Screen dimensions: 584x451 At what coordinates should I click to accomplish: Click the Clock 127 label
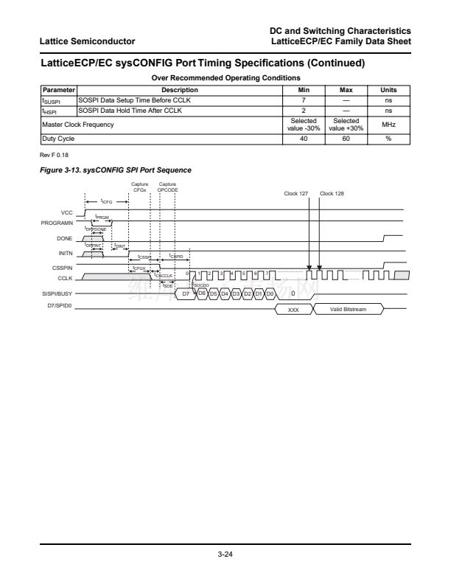(x=296, y=193)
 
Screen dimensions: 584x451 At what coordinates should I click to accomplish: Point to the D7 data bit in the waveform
(x=186, y=293)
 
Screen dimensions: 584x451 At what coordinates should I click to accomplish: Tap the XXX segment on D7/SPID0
(x=293, y=310)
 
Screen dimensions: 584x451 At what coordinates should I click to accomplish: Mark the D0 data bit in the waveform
(x=270, y=293)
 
